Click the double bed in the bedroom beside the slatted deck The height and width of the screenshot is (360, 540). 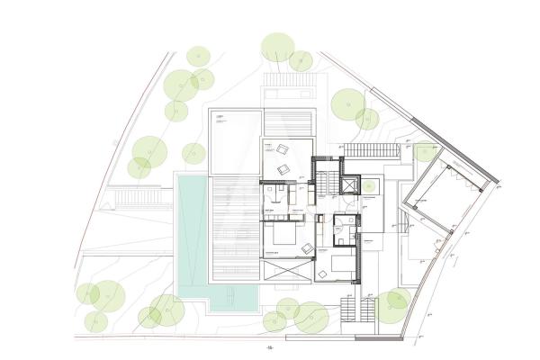(282, 238)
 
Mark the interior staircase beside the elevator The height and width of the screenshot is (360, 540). (323, 182)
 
